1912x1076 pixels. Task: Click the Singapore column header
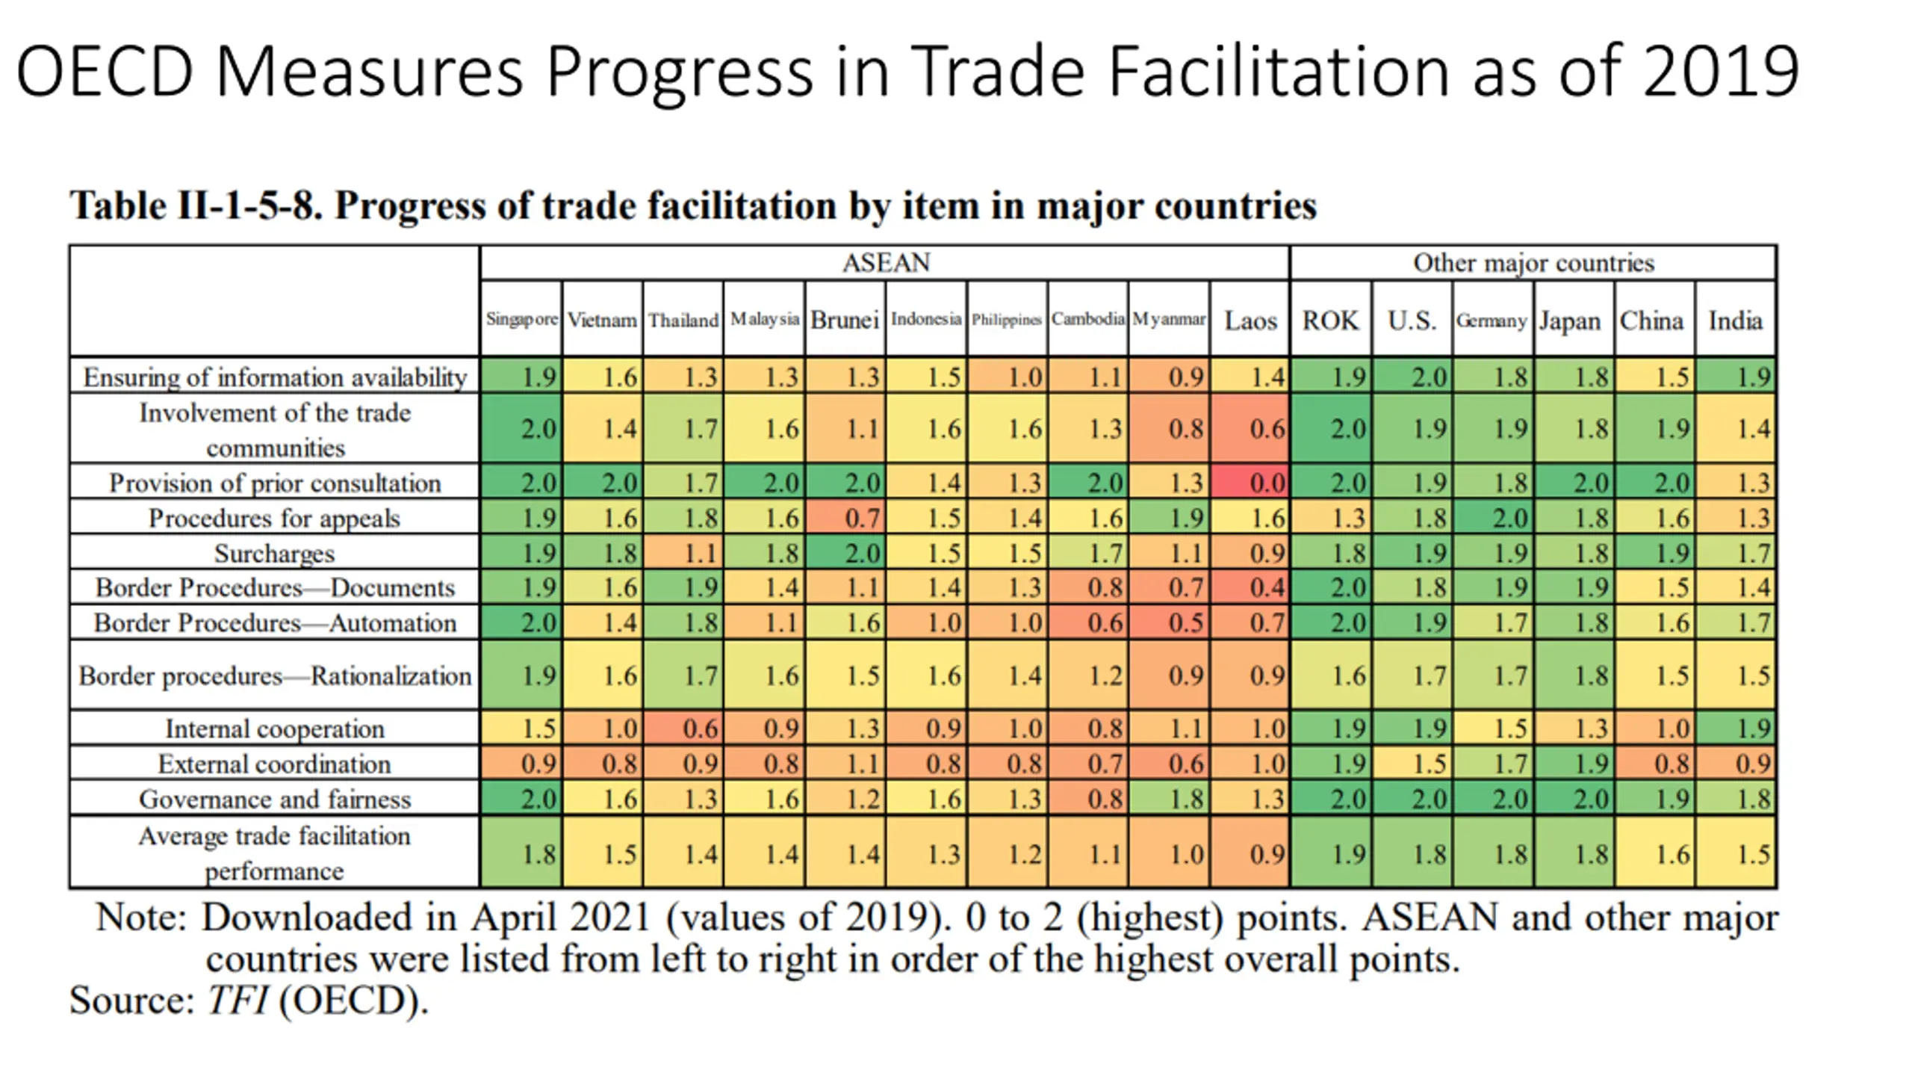(521, 319)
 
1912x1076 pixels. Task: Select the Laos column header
(1250, 321)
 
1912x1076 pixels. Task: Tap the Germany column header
(1492, 321)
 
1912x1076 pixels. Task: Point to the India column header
(1735, 321)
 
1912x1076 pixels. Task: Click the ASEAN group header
(886, 263)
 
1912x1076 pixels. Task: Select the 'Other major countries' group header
(1533, 263)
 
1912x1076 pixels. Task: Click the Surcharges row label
(274, 553)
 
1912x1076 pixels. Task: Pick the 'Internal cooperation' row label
(274, 729)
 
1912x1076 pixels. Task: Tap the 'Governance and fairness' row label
(274, 799)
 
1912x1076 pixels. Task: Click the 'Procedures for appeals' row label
(274, 518)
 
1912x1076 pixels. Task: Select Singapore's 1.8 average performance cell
(522, 853)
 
